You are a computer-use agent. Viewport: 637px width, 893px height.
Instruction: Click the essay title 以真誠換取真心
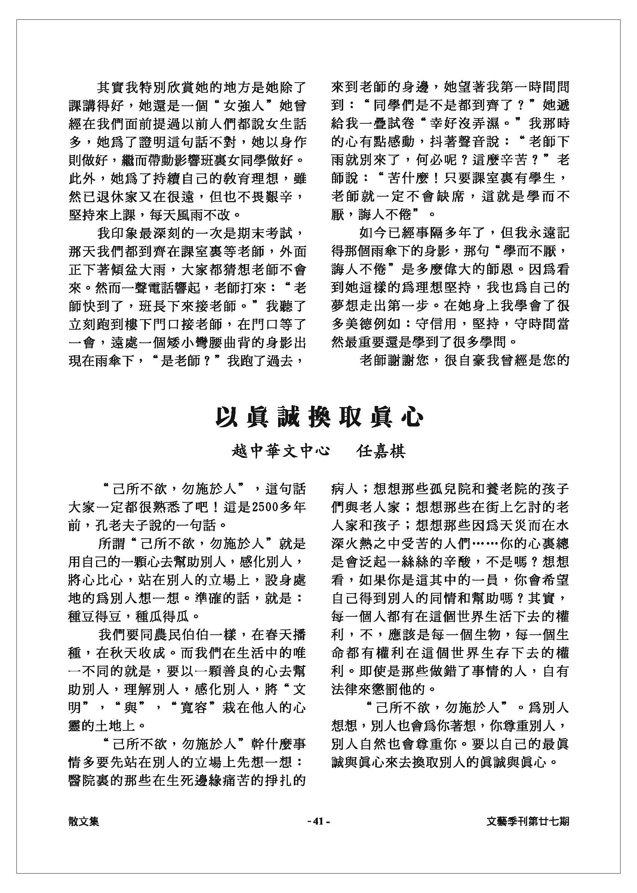click(x=319, y=418)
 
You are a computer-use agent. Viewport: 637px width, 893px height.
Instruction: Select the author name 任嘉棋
click(x=381, y=452)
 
